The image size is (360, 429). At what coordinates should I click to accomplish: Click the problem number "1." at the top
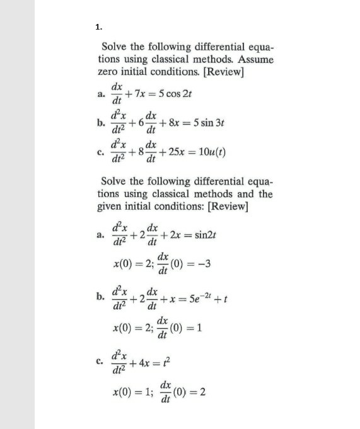tap(98, 26)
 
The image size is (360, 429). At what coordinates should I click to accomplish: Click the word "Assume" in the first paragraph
tap(255, 60)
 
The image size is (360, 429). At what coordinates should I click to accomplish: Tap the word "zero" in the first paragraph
tap(112, 72)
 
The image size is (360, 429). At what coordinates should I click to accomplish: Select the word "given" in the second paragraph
tap(113, 207)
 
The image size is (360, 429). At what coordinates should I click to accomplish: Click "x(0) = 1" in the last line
tap(129, 390)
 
